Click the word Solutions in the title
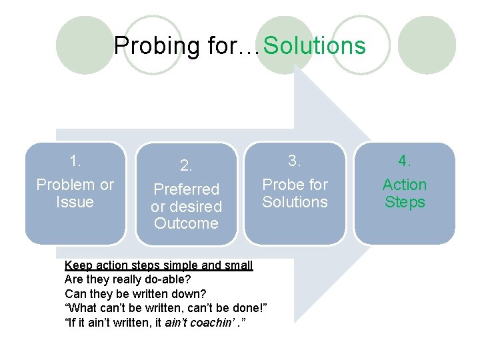click(315, 46)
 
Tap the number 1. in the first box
click(75, 161)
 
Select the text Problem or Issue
click(75, 193)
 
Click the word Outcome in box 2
click(186, 223)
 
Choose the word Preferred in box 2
click(186, 190)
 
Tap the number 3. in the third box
click(295, 161)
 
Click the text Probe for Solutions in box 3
click(295, 193)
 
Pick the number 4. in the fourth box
click(405, 161)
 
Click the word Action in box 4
click(405, 185)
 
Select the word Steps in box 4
click(405, 201)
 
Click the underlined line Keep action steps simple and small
click(159, 265)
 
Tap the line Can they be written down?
click(135, 294)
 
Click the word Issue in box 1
click(75, 202)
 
